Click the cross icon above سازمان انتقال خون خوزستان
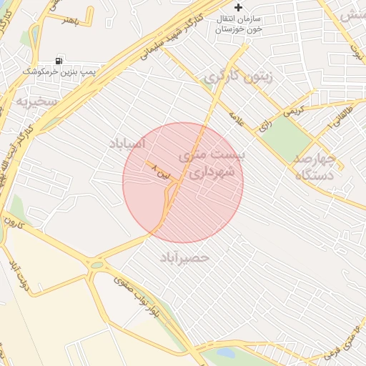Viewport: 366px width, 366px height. coord(239,7)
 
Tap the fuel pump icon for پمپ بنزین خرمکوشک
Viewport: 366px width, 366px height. coord(59,61)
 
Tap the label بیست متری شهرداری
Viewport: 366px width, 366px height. coord(219,164)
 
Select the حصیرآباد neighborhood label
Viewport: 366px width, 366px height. coord(185,256)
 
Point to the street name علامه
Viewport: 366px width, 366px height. coord(237,117)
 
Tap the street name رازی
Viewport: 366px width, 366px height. coord(265,124)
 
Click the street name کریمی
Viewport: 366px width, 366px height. coord(295,112)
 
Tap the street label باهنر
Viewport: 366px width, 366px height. coord(69,19)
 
